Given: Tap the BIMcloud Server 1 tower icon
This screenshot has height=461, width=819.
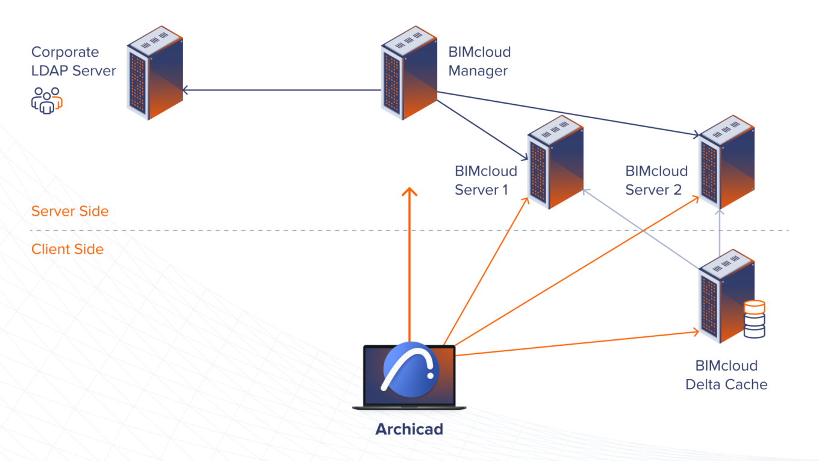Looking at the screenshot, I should coord(555,162).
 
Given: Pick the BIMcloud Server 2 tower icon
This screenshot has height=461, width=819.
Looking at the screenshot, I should coord(726,162).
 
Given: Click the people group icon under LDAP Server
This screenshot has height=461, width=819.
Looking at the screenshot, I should coord(47,100).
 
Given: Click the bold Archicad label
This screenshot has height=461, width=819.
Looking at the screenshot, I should coord(409,429).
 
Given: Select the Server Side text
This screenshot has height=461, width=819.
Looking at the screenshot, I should coord(70,212).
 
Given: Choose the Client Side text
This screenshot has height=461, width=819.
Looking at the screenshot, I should coord(67,249).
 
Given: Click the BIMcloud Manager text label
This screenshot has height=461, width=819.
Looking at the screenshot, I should coord(479,61).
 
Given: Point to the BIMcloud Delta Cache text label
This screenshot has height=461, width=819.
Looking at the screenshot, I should coord(726,375).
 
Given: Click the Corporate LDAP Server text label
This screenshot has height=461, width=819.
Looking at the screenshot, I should coord(73,61).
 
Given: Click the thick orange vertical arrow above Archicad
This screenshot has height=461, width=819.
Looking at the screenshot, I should coord(409,265).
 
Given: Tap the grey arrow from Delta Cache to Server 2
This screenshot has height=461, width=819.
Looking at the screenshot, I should coord(720,235).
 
